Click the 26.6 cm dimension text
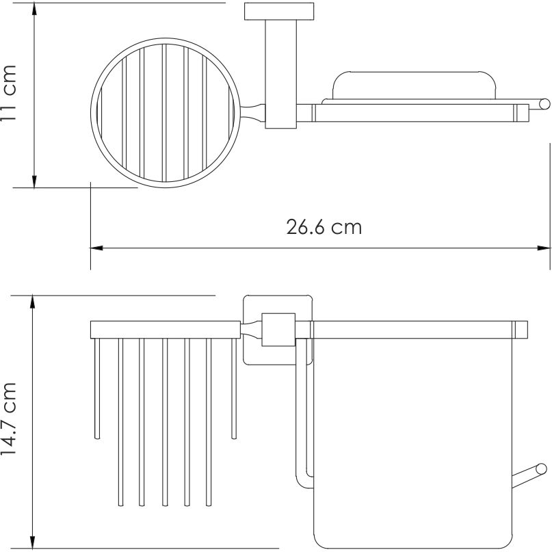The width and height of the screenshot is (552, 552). [324, 227]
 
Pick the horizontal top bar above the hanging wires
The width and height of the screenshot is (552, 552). [165, 328]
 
